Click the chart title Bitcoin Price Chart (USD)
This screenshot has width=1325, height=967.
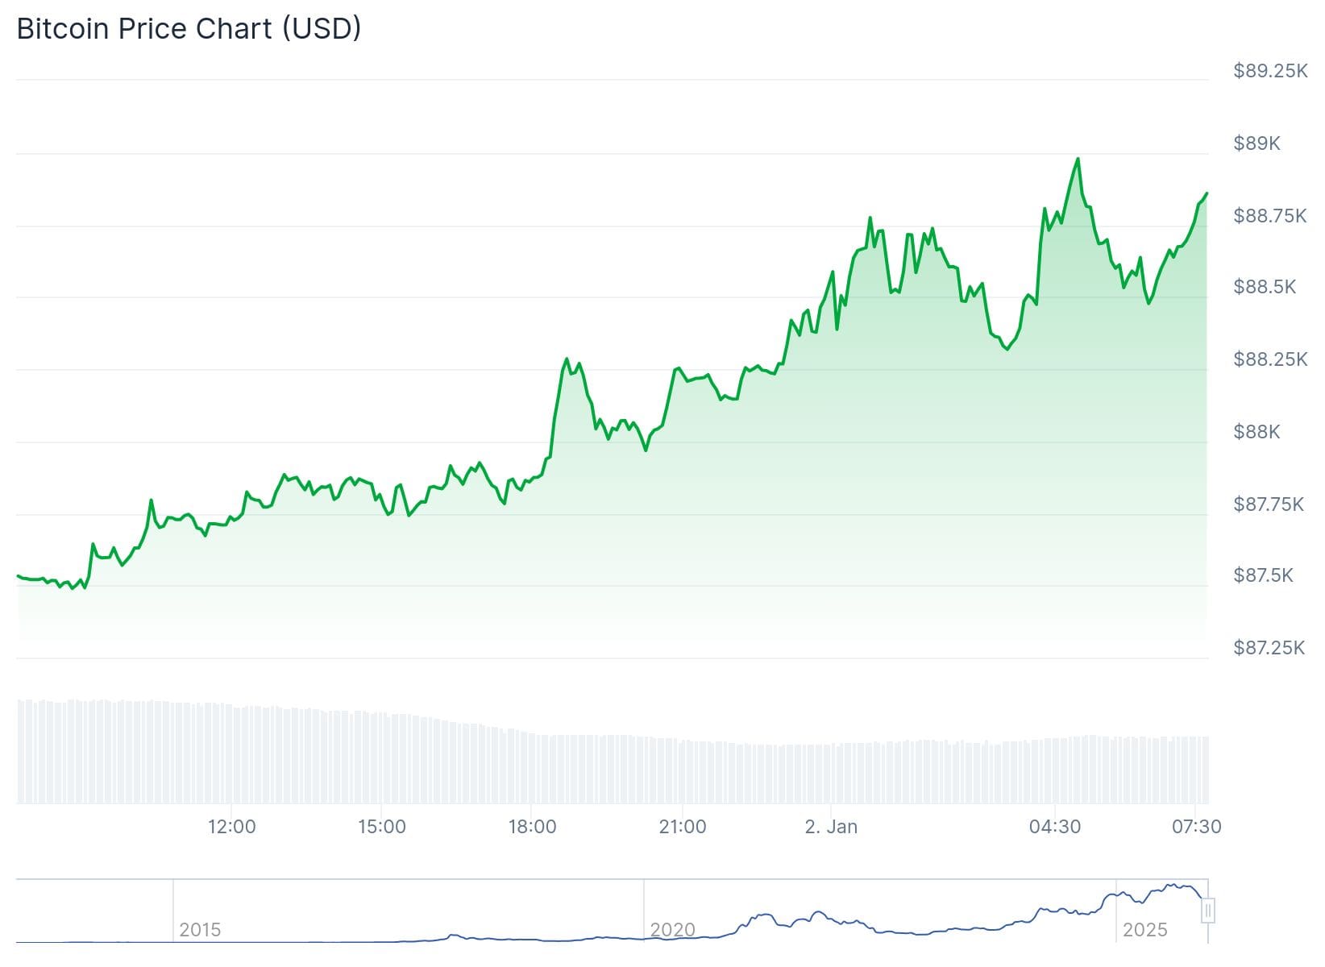(x=189, y=29)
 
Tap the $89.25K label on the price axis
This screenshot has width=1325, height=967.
(x=1270, y=71)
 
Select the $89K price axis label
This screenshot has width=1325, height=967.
(x=1256, y=143)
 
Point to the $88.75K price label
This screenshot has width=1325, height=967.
(x=1270, y=215)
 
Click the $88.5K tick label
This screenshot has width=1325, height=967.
(x=1265, y=287)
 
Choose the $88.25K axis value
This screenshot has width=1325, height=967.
(x=1270, y=359)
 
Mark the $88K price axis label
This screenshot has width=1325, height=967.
(x=1256, y=431)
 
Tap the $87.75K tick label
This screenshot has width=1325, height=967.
(x=1269, y=504)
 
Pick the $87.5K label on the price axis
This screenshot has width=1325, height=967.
(x=1263, y=575)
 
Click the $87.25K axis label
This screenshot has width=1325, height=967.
(x=1269, y=647)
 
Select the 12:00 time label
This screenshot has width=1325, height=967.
(x=231, y=826)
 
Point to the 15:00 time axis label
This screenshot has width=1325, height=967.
(x=381, y=826)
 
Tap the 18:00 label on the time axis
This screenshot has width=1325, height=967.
(x=532, y=826)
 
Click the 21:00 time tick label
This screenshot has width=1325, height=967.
(x=682, y=826)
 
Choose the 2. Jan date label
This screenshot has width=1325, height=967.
(x=831, y=826)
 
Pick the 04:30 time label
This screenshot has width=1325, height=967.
(x=1054, y=826)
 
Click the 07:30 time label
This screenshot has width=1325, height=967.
(x=1196, y=826)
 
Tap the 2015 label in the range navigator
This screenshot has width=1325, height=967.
(x=200, y=929)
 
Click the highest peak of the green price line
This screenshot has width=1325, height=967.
(x=1078, y=159)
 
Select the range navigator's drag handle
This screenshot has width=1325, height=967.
(x=1207, y=911)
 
